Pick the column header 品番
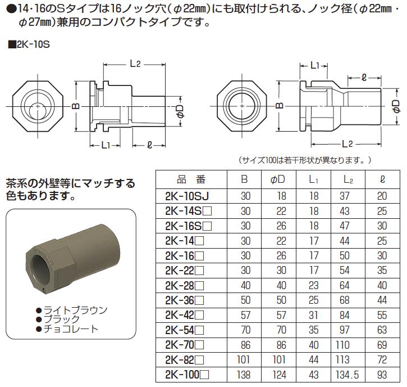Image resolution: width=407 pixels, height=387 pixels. (x=191, y=180)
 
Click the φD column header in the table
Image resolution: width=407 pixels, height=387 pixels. (x=277, y=180)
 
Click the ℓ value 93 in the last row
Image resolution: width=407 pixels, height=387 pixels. (x=383, y=373)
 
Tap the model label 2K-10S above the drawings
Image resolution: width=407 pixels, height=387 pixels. (x=31, y=44)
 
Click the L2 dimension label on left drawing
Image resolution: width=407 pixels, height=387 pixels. (x=134, y=64)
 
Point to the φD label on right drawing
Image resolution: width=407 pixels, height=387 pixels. (x=395, y=106)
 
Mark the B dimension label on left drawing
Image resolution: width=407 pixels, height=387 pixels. (x=74, y=106)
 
